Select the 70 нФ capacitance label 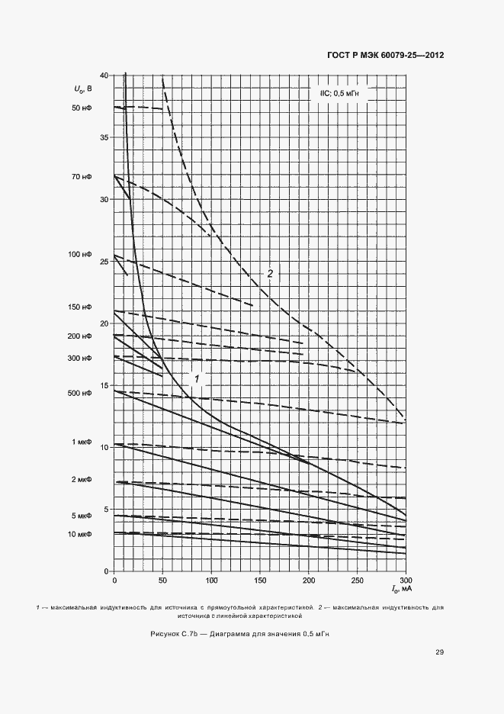click(x=81, y=176)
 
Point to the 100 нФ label click(x=79, y=254)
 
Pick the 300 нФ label click(x=79, y=358)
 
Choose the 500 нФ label click(x=79, y=393)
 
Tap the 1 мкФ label click(x=81, y=442)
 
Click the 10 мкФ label click(x=79, y=534)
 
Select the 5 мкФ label click(x=81, y=516)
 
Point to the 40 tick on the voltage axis click(x=104, y=76)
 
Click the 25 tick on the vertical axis click(x=104, y=262)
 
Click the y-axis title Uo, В click(x=83, y=89)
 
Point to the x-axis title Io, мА click(x=401, y=590)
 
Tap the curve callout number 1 click(x=196, y=378)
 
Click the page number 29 click(x=439, y=651)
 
